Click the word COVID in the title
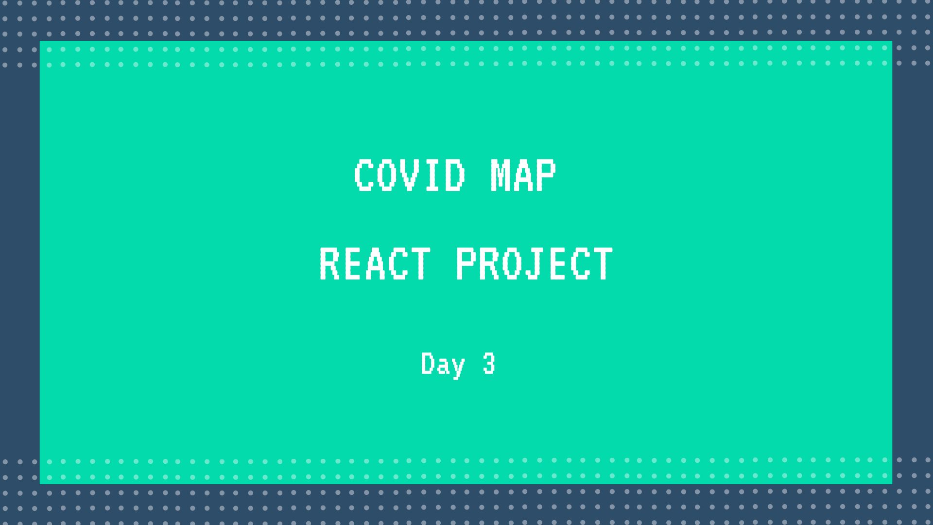pyautogui.click(x=409, y=175)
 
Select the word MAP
pyautogui.click(x=523, y=175)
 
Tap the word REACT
pyautogui.click(x=375, y=264)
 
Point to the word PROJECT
pyautogui.click(x=534, y=264)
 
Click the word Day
pyautogui.click(x=443, y=364)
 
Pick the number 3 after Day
pyautogui.click(x=489, y=364)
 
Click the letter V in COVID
pyautogui.click(x=409, y=175)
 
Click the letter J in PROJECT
pyautogui.click(x=534, y=264)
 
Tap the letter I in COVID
pyautogui.click(x=432, y=175)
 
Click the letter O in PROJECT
pyautogui.click(x=511, y=264)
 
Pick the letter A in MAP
pyautogui.click(x=523, y=175)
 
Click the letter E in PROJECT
pyautogui.click(x=557, y=264)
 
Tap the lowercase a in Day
pyautogui.click(x=443, y=366)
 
